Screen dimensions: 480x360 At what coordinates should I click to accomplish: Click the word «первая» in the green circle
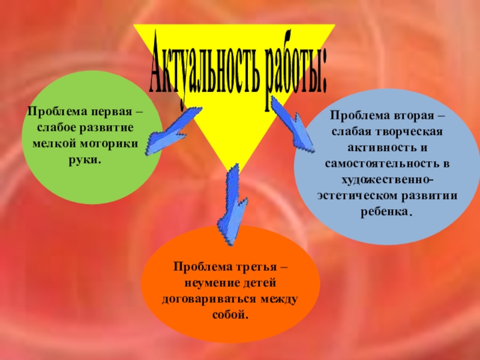pyautogui.click(x=113, y=113)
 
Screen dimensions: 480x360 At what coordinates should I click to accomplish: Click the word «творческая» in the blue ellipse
pyautogui.click(x=411, y=130)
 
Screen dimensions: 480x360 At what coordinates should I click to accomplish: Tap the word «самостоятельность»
pyautogui.click(x=374, y=163)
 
